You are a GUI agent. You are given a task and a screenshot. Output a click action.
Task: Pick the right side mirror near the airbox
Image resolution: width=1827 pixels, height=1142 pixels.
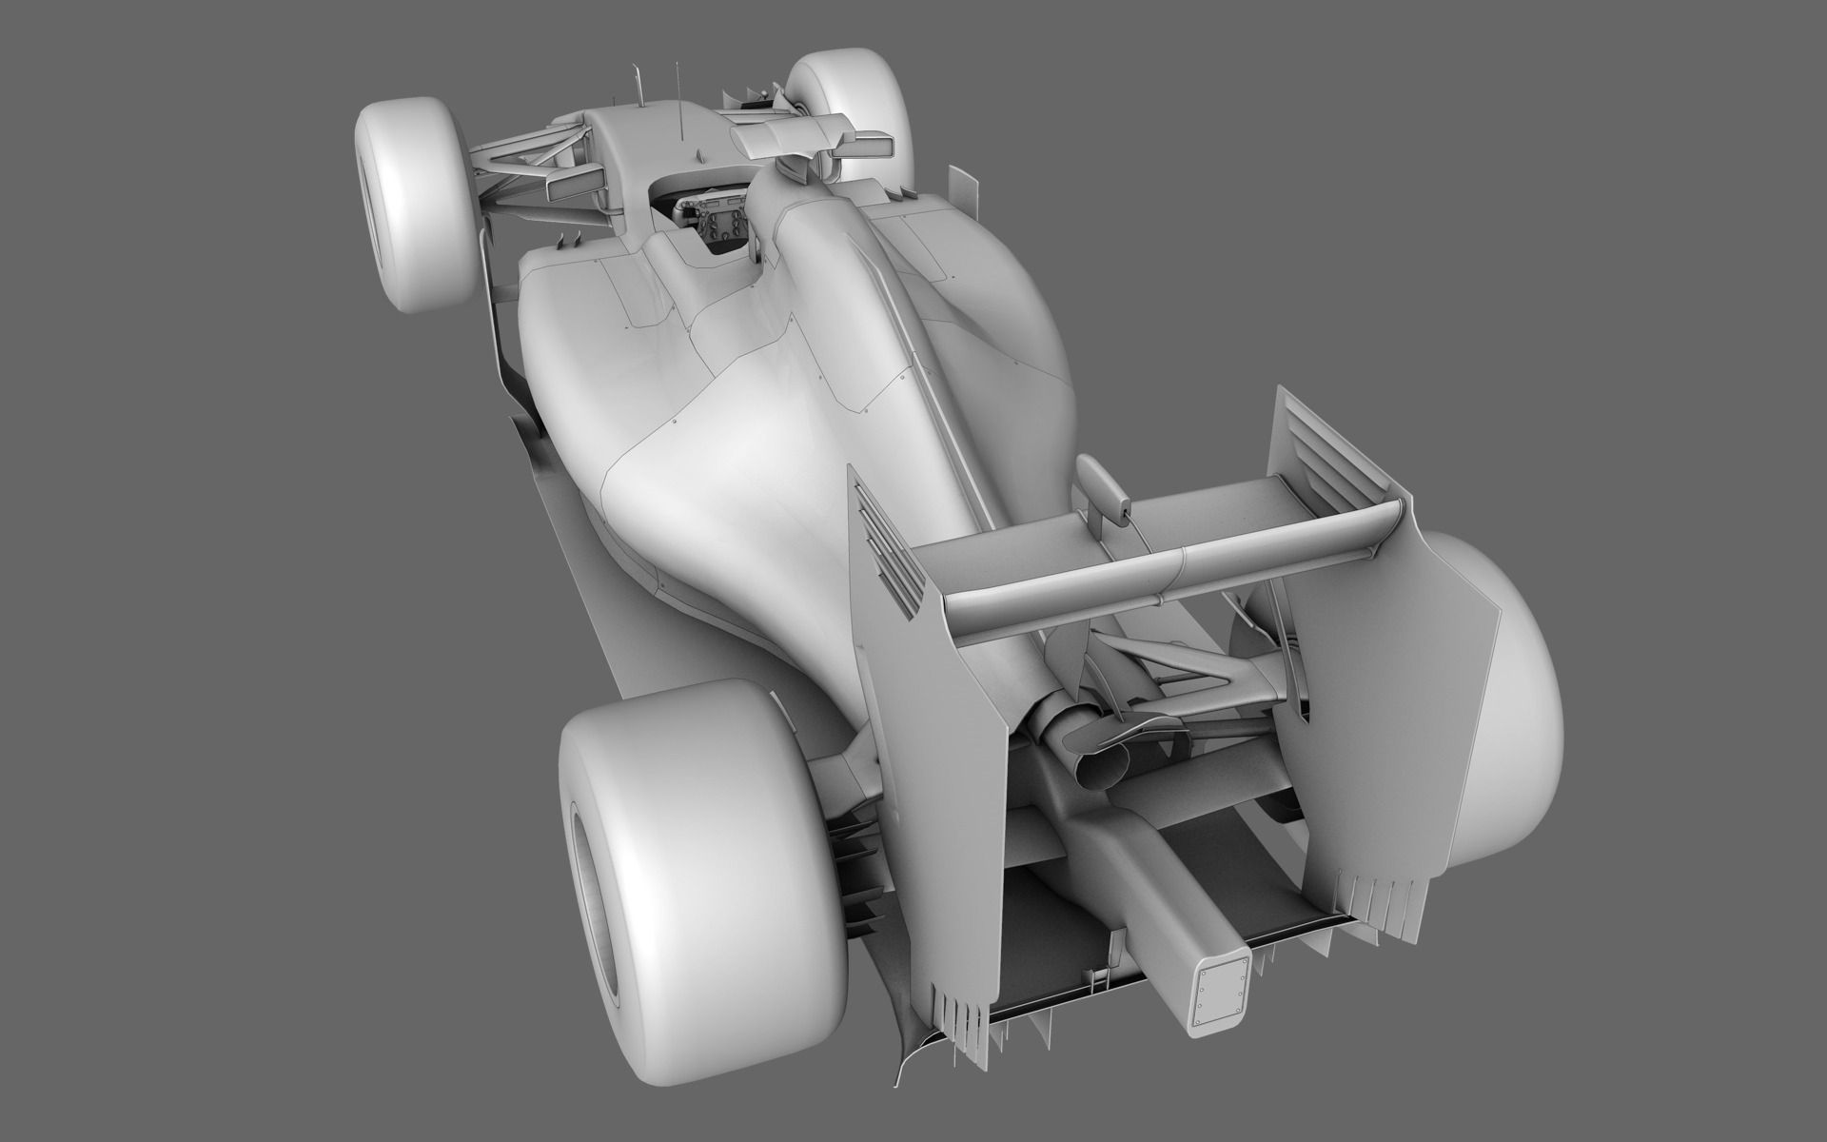click(x=863, y=145)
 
